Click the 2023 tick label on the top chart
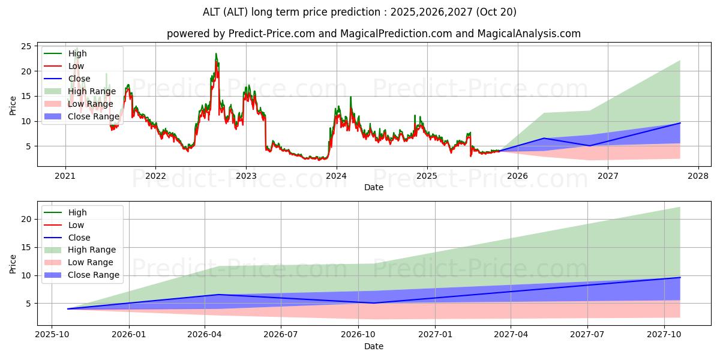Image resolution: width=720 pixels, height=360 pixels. coord(246,176)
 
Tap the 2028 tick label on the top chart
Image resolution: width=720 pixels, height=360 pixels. coord(698,176)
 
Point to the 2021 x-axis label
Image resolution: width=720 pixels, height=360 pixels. coord(65,176)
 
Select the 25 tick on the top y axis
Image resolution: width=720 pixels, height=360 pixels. coord(26,46)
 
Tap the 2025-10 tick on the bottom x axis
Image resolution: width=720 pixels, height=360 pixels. coord(52,334)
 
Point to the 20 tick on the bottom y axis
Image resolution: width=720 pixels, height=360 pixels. coord(26,219)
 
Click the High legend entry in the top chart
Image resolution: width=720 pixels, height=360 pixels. coord(77,53)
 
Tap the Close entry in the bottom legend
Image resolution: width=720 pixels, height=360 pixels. coord(79,238)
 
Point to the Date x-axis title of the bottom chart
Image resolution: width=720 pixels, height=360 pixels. coord(374,346)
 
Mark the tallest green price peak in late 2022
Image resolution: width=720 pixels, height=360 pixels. coord(216,54)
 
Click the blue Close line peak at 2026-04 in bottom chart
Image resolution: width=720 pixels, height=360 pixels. coord(219,295)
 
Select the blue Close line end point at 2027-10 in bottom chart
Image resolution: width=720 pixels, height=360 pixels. coord(680,277)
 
